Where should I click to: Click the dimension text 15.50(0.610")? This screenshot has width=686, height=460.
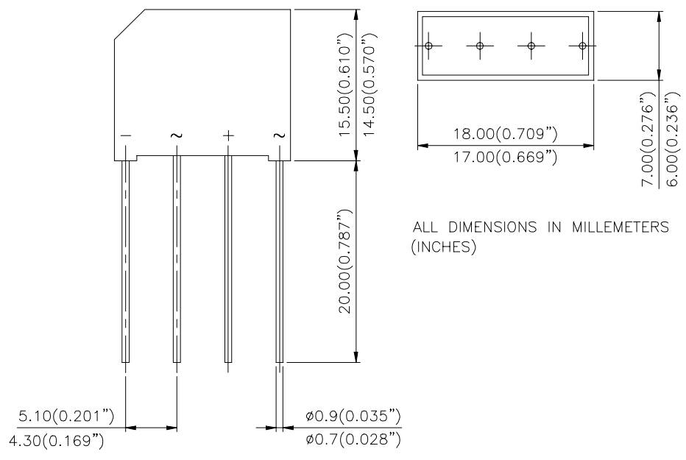[344, 85]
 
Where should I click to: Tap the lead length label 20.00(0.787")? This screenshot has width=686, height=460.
[344, 261]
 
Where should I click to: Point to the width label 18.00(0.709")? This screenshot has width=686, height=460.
[506, 134]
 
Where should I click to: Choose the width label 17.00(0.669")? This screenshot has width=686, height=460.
[506, 157]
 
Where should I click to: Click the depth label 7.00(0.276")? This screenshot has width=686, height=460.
[648, 139]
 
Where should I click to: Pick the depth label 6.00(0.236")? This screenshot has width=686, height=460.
[673, 139]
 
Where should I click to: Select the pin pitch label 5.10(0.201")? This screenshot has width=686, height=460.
[66, 416]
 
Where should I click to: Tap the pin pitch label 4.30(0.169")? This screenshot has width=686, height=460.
[57, 440]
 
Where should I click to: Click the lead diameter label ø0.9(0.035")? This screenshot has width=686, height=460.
[353, 416]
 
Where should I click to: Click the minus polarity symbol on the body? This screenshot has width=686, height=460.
[126, 136]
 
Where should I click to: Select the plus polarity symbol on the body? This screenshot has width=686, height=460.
[228, 136]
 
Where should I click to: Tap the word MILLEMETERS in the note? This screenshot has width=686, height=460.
[620, 227]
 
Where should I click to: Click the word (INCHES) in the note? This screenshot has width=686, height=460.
[444, 247]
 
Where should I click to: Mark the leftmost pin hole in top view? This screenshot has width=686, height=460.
[428, 46]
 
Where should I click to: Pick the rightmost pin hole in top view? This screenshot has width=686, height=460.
[582, 46]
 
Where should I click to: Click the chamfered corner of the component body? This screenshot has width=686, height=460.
[130, 24]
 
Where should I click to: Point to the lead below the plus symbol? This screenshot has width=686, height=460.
[228, 259]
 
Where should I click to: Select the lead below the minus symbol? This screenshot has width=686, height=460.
[126, 261]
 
